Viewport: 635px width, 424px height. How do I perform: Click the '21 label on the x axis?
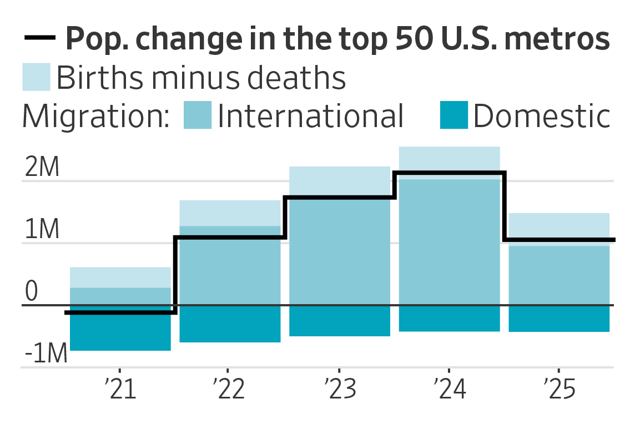tap(120, 390)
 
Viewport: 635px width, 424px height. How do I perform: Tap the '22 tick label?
tap(228, 390)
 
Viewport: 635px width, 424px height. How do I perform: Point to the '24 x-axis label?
tap(448, 390)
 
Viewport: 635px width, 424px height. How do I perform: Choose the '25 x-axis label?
tap(558, 390)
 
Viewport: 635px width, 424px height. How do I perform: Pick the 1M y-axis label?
tap(42, 231)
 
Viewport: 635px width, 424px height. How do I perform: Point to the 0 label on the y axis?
tap(32, 293)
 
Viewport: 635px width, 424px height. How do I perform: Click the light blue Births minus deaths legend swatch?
tap(36, 77)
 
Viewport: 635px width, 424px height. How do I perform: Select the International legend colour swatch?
tap(198, 115)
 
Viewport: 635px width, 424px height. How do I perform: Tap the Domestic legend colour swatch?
tap(453, 115)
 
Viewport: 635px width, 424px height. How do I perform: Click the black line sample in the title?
tap(40, 38)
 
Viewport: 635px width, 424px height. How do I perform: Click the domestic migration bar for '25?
tap(559, 319)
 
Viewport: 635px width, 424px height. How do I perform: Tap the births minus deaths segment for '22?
tap(230, 213)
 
